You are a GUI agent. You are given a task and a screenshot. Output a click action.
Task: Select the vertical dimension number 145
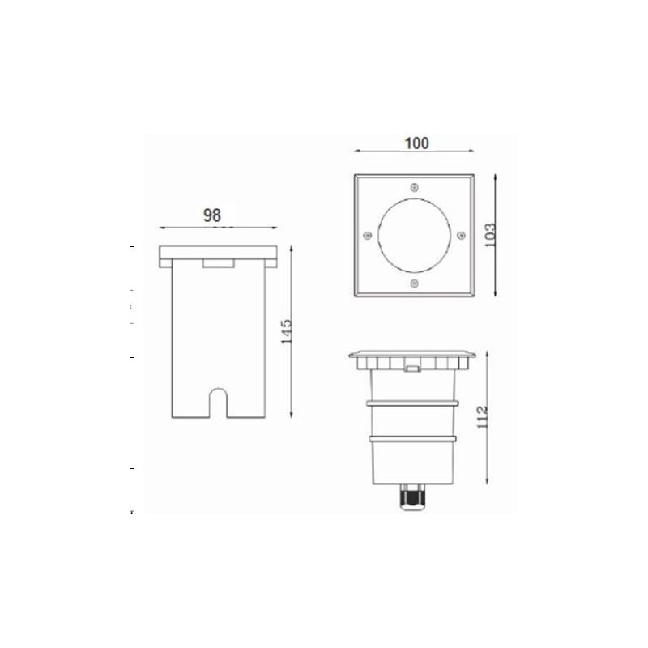coord(286,332)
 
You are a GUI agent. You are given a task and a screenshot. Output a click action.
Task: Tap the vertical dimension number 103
coord(488,236)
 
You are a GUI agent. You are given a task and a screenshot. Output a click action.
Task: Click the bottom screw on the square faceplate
coord(414,283)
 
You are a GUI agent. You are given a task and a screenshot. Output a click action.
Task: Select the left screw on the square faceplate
coord(366,235)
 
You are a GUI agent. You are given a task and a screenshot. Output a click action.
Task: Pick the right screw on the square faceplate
coord(461,235)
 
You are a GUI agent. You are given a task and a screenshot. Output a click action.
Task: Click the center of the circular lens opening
coord(414,235)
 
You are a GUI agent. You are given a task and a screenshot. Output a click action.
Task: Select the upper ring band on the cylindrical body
coord(414,401)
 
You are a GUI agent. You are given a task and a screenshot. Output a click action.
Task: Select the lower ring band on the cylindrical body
coord(414,439)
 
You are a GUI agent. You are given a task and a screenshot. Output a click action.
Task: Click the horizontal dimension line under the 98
coord(218,228)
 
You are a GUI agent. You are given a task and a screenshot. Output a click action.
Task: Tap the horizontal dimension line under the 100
coord(414,152)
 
